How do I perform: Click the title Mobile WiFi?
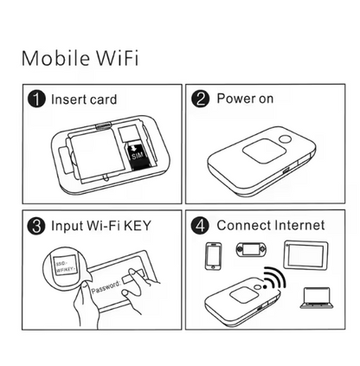79,60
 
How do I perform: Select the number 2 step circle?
201,100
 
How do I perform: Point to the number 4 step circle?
201,226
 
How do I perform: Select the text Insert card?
84,100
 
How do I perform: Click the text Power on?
245,100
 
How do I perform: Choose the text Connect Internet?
271,226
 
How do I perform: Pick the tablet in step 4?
306,254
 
